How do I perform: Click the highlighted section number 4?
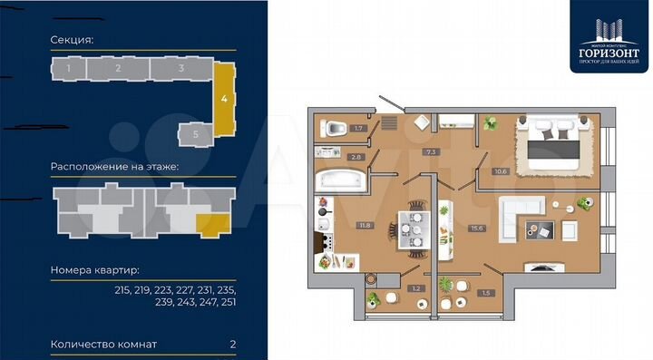coord(223,96)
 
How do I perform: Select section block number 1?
coord(70,68)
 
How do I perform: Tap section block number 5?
coord(197,133)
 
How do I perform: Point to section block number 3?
coord(181,68)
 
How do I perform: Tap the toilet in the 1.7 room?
coord(333,128)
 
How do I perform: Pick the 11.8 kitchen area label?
coord(365,225)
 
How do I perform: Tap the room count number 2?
coord(233,345)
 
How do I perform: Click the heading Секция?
coord(73,40)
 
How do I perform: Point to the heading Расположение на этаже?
coord(114,168)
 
